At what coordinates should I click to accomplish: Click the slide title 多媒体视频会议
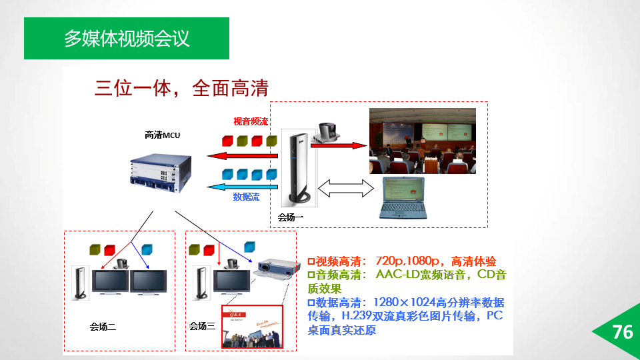pyautogui.click(x=127, y=38)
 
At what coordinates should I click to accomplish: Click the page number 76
pyautogui.click(x=622, y=332)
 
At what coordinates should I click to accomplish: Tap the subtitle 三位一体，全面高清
pyautogui.click(x=181, y=88)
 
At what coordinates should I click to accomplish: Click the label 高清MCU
pyautogui.click(x=163, y=135)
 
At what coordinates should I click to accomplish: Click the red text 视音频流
pyautogui.click(x=251, y=121)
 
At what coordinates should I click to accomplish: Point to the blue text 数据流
pyautogui.click(x=246, y=197)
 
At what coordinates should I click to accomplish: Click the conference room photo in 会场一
pyautogui.click(x=423, y=141)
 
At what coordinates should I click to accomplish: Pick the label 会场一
pyautogui.click(x=291, y=217)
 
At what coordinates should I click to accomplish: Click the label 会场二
pyautogui.click(x=103, y=327)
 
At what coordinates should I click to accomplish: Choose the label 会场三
pyautogui.click(x=202, y=326)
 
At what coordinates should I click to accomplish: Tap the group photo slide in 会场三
pyautogui.click(x=253, y=327)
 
